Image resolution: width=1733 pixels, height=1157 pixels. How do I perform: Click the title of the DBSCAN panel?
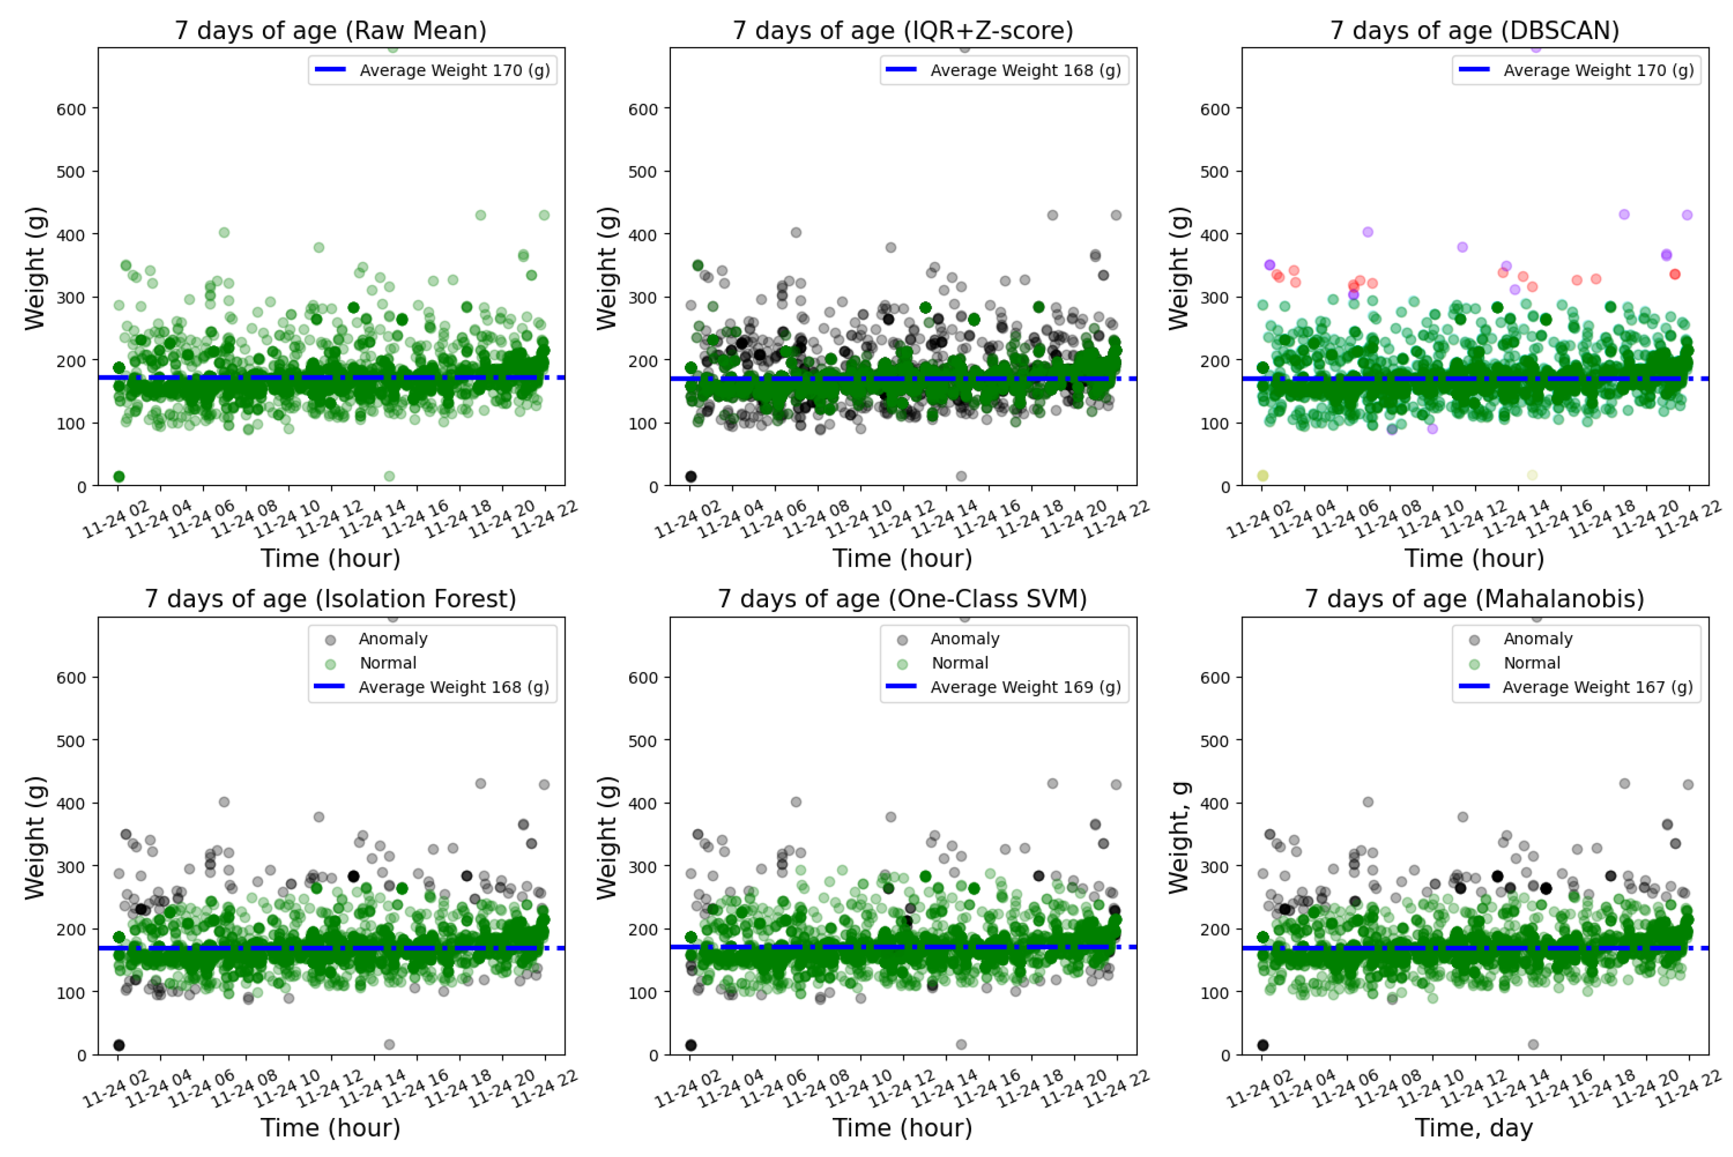pyautogui.click(x=1474, y=31)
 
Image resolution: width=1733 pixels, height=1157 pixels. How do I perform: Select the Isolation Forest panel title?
pyautogui.click(x=330, y=599)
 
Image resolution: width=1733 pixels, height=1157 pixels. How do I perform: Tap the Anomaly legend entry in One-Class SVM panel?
pyautogui.click(x=964, y=639)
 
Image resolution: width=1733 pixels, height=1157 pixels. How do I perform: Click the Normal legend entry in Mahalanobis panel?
pyautogui.click(x=1532, y=663)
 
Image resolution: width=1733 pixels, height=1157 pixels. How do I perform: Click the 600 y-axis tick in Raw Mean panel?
pyautogui.click(x=71, y=109)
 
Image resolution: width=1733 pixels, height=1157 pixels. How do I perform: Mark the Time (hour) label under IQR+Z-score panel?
pyautogui.click(x=902, y=558)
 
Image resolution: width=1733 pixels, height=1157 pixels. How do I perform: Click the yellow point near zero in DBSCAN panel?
pyautogui.click(x=1263, y=476)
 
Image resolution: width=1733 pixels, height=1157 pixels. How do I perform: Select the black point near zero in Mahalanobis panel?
pyautogui.click(x=1263, y=1045)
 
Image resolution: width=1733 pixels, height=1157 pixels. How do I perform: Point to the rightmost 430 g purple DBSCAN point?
pyautogui.click(x=1687, y=215)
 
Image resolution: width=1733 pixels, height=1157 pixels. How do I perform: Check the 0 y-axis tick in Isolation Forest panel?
pyautogui.click(x=82, y=1055)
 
